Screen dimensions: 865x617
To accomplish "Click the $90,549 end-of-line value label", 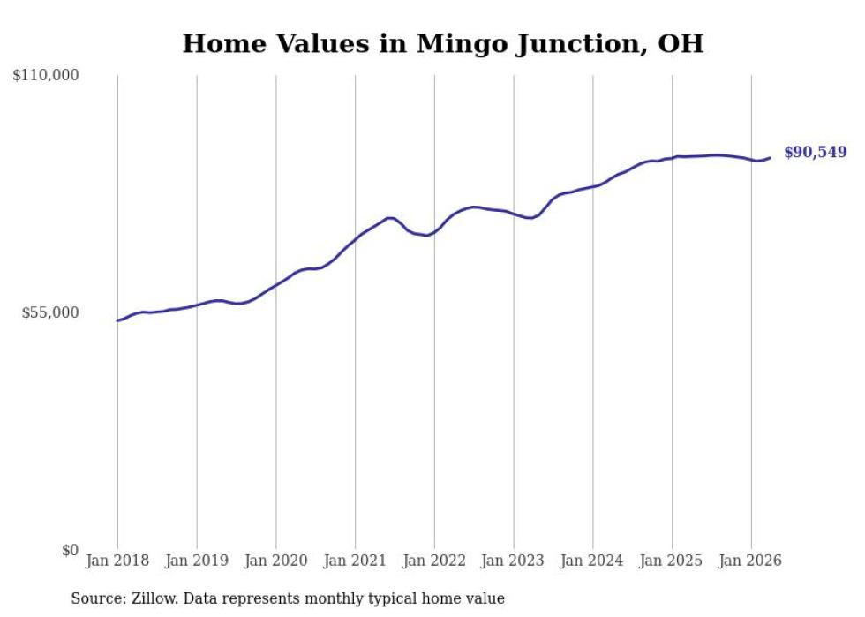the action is pos(815,153).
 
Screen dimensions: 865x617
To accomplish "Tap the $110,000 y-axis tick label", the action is pos(46,75).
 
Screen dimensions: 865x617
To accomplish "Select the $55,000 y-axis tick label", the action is pos(50,313).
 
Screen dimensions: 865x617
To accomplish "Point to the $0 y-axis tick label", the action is pos(70,550).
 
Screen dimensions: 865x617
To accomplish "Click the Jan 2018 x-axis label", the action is pos(117,561).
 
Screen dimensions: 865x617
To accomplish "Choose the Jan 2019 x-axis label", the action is pos(196,561).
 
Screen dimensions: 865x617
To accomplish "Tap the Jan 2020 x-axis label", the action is pos(275,561).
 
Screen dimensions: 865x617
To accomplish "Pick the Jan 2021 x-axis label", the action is pos(355,561).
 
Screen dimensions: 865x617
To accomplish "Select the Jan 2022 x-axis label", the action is pos(434,561).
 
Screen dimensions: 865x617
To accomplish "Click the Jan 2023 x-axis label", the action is pos(513,561).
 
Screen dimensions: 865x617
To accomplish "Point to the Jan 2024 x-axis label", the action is pos(592,561).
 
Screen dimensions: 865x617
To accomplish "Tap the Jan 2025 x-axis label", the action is pos(672,561).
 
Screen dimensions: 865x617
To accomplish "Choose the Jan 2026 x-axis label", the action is pos(751,561).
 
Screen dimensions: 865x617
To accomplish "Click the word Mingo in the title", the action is pos(462,44).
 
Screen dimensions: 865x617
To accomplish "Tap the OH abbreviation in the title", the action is pos(681,43).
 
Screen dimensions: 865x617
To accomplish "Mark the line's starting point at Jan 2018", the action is pos(117,320).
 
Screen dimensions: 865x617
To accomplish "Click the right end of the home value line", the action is pos(770,158).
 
